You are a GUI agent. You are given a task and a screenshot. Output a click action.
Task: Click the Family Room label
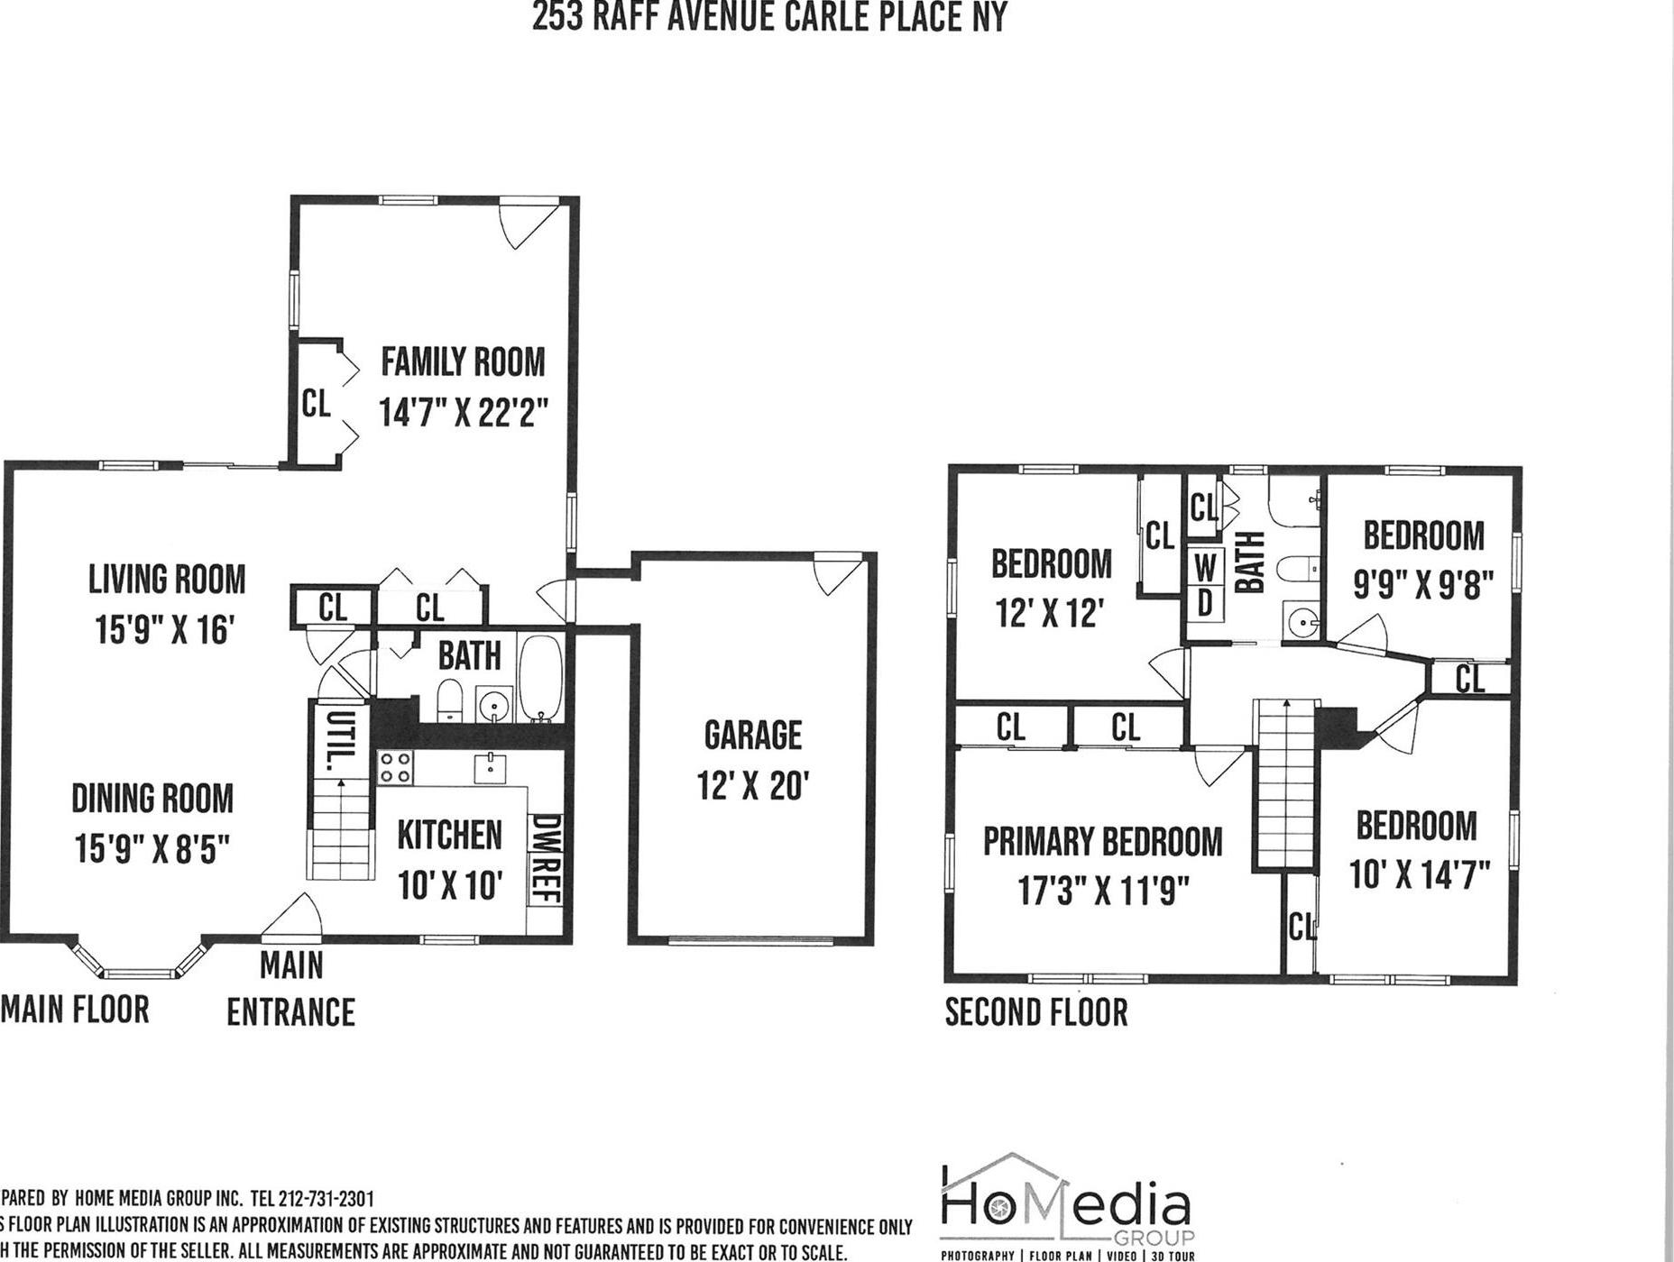tap(463, 362)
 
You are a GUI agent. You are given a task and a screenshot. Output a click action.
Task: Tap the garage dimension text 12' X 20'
tap(753, 786)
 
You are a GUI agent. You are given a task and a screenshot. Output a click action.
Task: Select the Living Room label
tap(167, 580)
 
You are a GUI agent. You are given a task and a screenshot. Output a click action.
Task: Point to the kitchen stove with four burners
tap(395, 767)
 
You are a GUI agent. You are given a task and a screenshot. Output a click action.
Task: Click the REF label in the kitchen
tap(546, 882)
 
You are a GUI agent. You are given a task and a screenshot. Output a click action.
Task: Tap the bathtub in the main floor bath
tap(540, 678)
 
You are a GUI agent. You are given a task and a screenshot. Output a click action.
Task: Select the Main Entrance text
tap(290, 990)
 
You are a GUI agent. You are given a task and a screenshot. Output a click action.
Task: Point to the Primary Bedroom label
tap(1102, 842)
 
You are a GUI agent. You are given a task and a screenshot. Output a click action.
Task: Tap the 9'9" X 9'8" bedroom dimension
tap(1423, 586)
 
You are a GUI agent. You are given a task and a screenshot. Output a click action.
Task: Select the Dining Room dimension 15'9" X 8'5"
tap(152, 848)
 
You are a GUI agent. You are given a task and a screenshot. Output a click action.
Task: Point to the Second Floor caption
tap(1036, 1012)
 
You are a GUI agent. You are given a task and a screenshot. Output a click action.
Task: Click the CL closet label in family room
tap(316, 403)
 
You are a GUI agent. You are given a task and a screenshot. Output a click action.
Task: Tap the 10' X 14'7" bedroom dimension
tap(1419, 874)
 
